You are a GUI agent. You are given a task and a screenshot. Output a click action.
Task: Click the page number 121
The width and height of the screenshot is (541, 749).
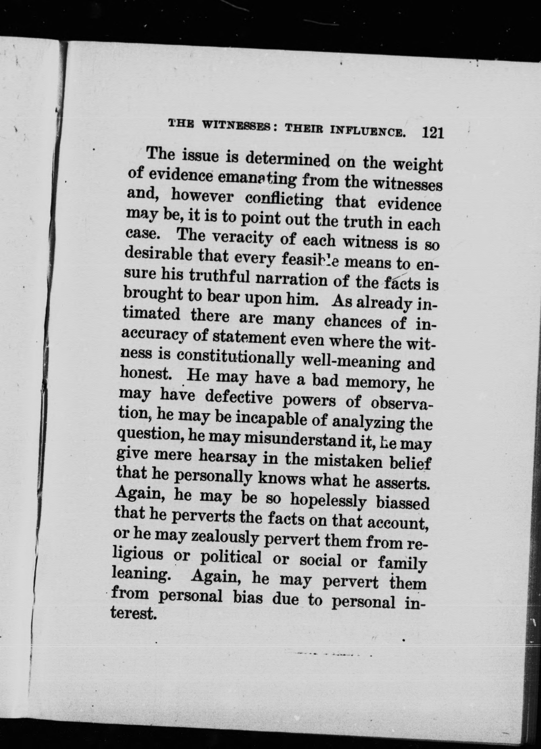tap(432, 133)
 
